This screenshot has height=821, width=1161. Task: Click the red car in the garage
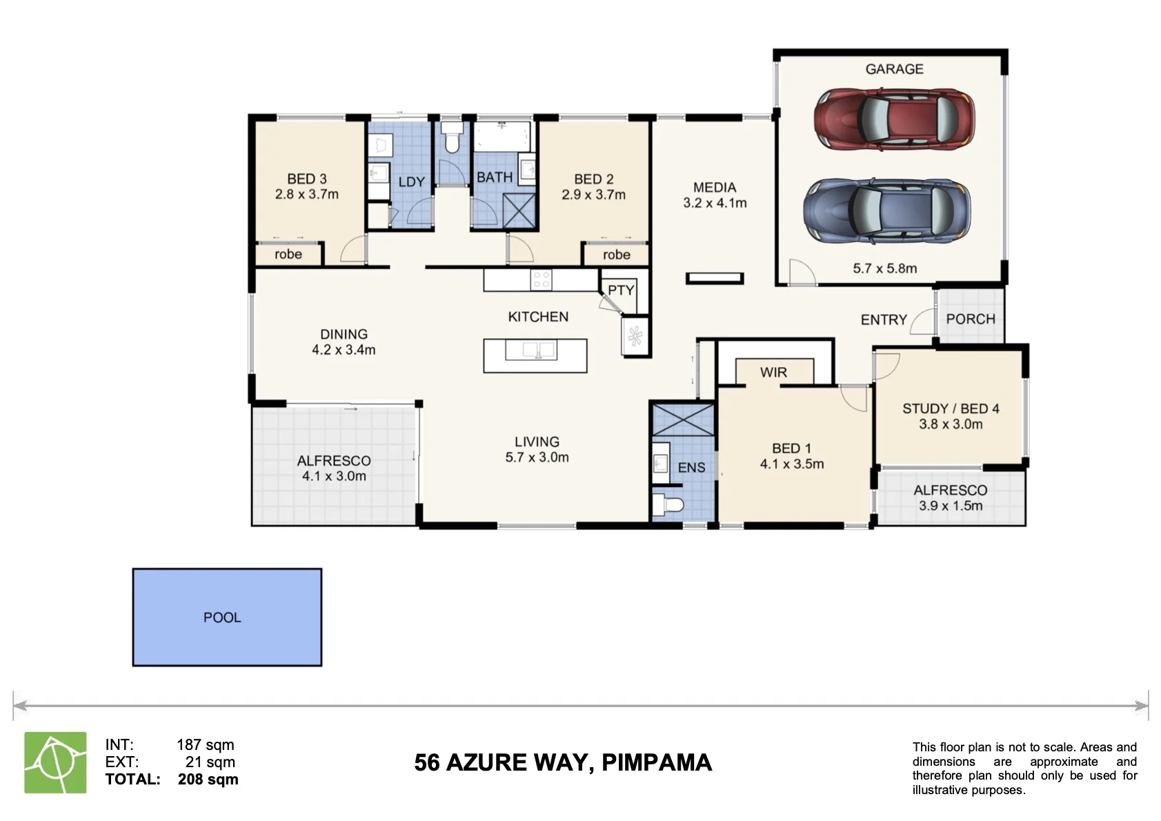tap(894, 119)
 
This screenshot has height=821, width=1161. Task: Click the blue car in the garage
tap(887, 212)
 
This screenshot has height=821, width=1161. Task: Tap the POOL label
tap(222, 617)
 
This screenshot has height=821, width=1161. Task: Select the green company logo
tap(55, 762)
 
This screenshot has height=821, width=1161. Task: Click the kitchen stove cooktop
tap(541, 280)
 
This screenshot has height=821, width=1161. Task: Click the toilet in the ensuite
tap(668, 504)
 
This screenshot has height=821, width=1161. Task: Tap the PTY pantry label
tap(621, 290)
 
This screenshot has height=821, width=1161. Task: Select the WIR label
tap(773, 372)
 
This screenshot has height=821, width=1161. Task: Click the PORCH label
tap(971, 319)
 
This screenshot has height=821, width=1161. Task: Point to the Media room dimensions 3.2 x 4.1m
tap(715, 203)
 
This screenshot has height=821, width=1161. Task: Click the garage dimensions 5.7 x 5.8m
tap(885, 268)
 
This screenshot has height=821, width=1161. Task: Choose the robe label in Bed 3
tap(288, 254)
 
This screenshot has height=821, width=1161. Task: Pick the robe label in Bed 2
tap(616, 255)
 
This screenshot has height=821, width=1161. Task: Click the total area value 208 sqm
tap(208, 780)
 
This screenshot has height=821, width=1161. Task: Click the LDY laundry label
tap(412, 182)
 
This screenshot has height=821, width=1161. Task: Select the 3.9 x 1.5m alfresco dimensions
tap(951, 505)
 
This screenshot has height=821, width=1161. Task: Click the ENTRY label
tap(884, 320)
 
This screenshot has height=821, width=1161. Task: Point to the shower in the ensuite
tap(683, 420)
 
